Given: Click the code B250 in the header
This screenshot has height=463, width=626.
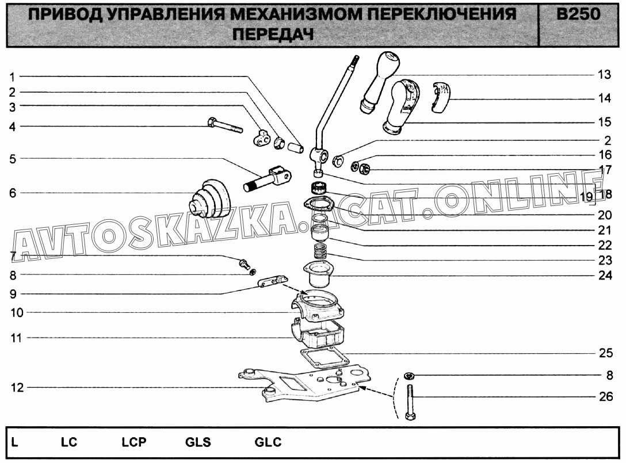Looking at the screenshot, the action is coord(578,15).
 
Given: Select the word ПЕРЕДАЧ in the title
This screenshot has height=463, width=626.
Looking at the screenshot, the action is coord(273,35).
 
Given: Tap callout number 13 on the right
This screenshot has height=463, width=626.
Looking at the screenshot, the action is coord(605,75).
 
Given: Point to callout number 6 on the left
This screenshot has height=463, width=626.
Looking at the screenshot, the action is coord(13,193).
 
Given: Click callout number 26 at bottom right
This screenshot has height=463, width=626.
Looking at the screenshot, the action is coord(606,396).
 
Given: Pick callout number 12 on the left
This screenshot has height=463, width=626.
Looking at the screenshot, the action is coord(17,388).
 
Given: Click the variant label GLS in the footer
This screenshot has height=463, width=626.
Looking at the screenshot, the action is coord(198,442).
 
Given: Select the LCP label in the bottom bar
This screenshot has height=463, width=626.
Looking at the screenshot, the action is coord(134,442).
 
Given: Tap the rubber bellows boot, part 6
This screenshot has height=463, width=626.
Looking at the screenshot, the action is coord(210,199).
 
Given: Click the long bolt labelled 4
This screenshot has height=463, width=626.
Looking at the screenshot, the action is coord(225,125).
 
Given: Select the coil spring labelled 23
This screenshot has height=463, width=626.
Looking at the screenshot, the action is coord(321,252).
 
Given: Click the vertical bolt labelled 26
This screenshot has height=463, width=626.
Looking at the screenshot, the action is coord(410,403).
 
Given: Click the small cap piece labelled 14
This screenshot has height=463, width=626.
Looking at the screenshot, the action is coord(440,97).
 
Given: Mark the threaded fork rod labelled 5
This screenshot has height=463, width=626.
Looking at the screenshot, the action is coord(267,179).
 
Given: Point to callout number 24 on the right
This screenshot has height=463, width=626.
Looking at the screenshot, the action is coord(605,275).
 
